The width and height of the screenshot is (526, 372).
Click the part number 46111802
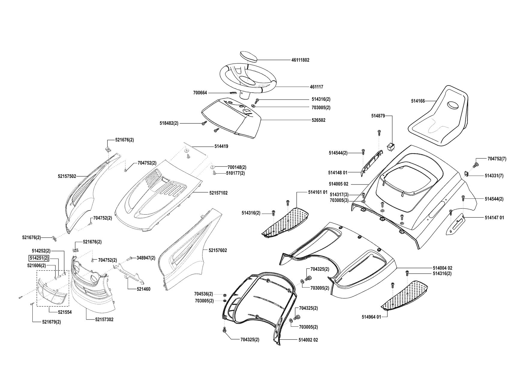(x=300, y=60)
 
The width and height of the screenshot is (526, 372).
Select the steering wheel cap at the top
(x=249, y=57)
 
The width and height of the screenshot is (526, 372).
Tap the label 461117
(x=316, y=87)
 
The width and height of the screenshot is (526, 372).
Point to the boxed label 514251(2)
(x=39, y=258)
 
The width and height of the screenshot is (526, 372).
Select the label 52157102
(x=218, y=193)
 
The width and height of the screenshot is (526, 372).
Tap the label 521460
(x=143, y=289)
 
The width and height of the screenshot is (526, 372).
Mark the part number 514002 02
(x=308, y=340)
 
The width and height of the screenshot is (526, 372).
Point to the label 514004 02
(x=442, y=268)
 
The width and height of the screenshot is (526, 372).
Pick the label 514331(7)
(x=494, y=176)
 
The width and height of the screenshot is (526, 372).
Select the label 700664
(x=200, y=93)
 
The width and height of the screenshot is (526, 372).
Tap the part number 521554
(x=65, y=312)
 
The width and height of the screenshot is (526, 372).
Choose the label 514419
(x=221, y=146)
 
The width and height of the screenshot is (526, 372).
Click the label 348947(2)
(x=146, y=258)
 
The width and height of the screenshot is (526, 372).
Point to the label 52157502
(x=67, y=176)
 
